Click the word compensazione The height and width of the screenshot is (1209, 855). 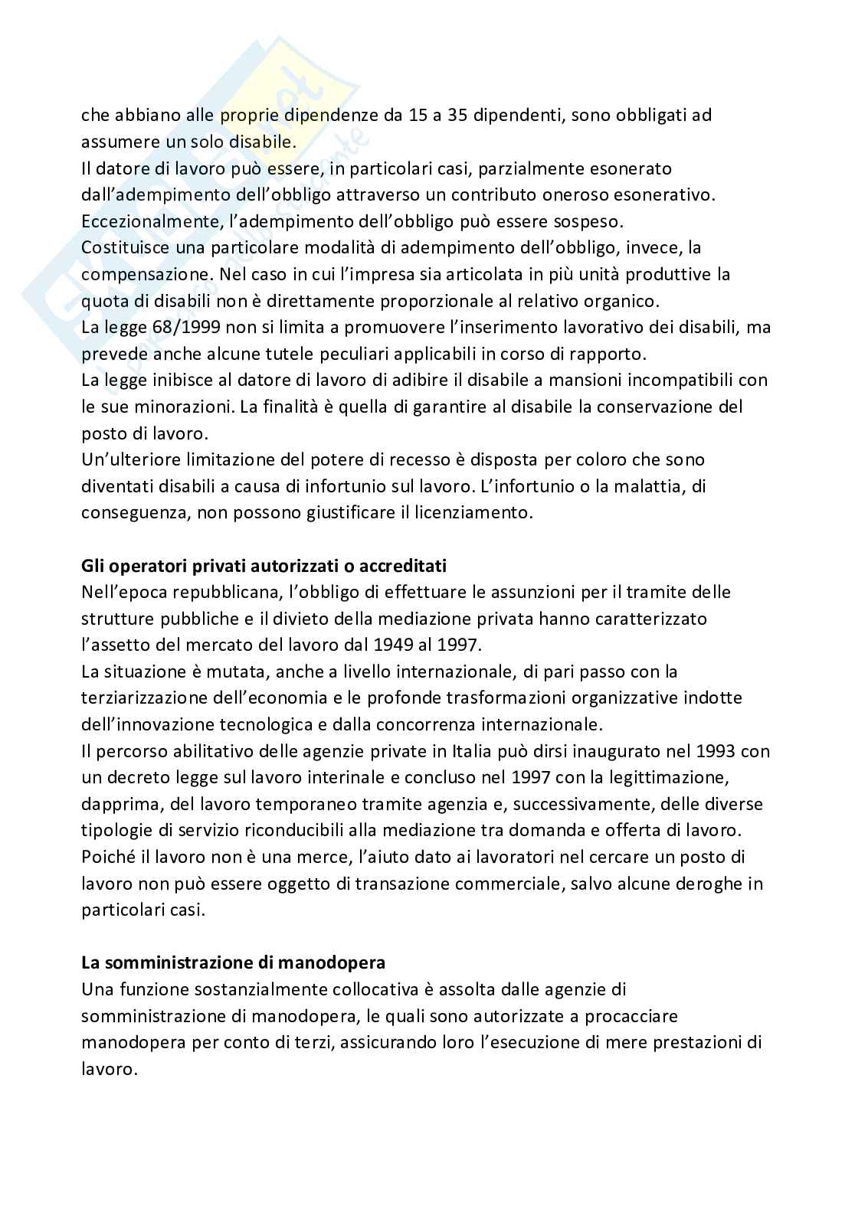click(141, 274)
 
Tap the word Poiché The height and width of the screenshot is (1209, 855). click(105, 857)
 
